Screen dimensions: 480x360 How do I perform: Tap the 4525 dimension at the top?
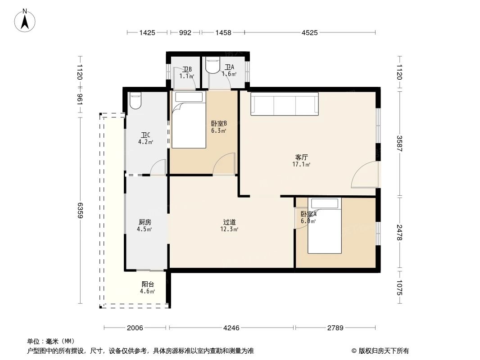point(309,32)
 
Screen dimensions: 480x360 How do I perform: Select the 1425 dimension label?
point(147,32)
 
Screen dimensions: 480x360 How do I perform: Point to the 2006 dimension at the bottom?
point(135,328)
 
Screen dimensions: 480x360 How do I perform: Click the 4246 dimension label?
point(231,328)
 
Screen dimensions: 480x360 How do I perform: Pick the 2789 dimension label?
point(335,328)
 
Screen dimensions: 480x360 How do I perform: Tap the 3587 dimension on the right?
point(399,144)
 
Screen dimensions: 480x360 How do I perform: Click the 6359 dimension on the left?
point(80,210)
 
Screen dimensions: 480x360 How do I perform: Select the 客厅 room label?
point(302,157)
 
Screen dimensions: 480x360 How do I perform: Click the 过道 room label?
point(230,222)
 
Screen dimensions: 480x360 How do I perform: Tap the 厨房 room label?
point(145,222)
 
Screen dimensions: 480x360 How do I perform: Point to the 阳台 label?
point(148,284)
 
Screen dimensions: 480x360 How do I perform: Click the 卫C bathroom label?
point(145,135)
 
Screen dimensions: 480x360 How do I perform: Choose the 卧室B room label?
point(219,124)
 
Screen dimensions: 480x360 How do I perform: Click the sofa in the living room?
point(285,104)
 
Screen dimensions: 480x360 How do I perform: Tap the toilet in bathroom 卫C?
point(135,100)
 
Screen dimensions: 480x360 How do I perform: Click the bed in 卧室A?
point(325,225)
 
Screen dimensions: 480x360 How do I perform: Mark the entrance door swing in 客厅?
point(365,174)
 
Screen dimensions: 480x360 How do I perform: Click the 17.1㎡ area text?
point(302,164)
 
